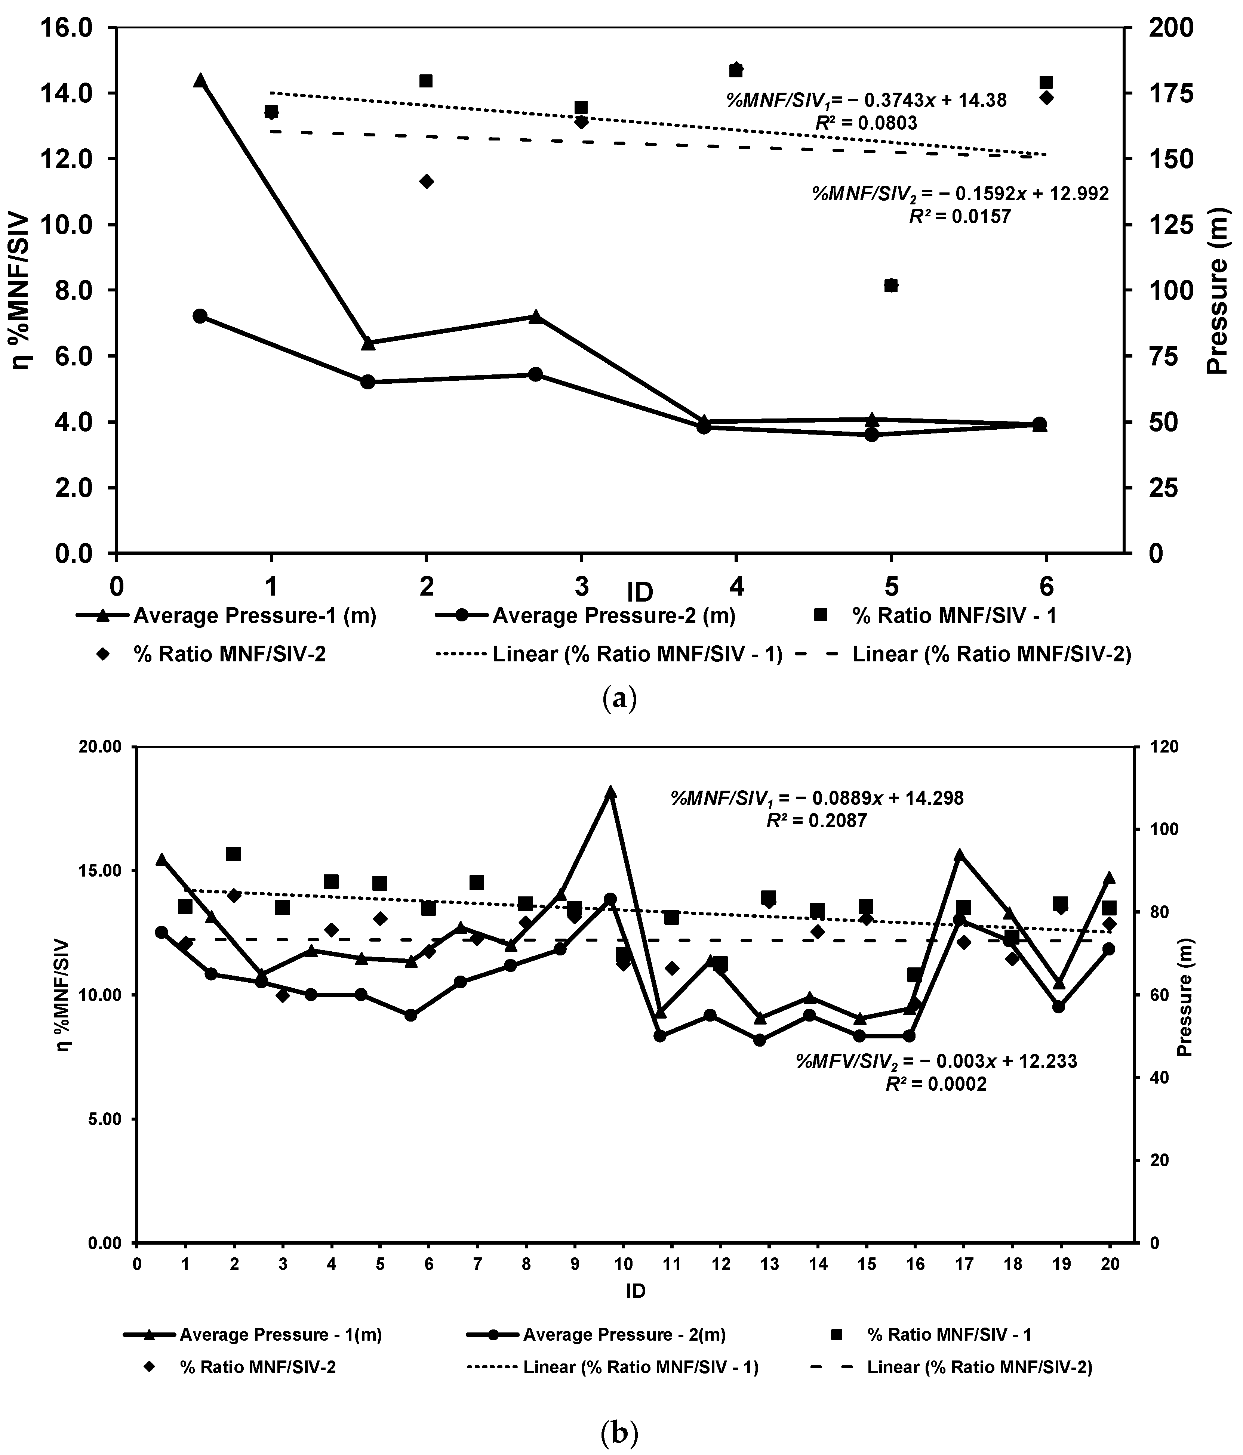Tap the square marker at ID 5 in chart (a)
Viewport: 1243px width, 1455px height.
891,285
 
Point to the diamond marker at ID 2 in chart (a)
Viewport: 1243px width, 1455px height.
426,181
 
